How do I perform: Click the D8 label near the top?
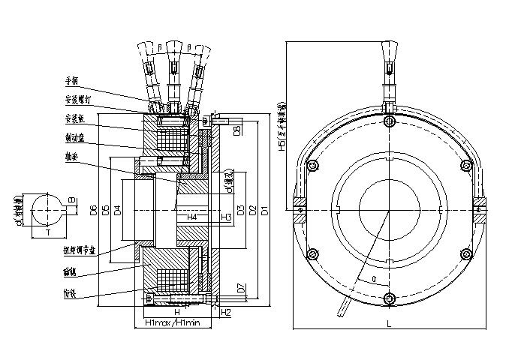[x=238, y=131]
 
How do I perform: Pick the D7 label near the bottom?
[x=238, y=287]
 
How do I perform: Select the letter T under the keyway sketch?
[x=50, y=233]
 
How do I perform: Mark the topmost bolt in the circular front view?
[x=388, y=122]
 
